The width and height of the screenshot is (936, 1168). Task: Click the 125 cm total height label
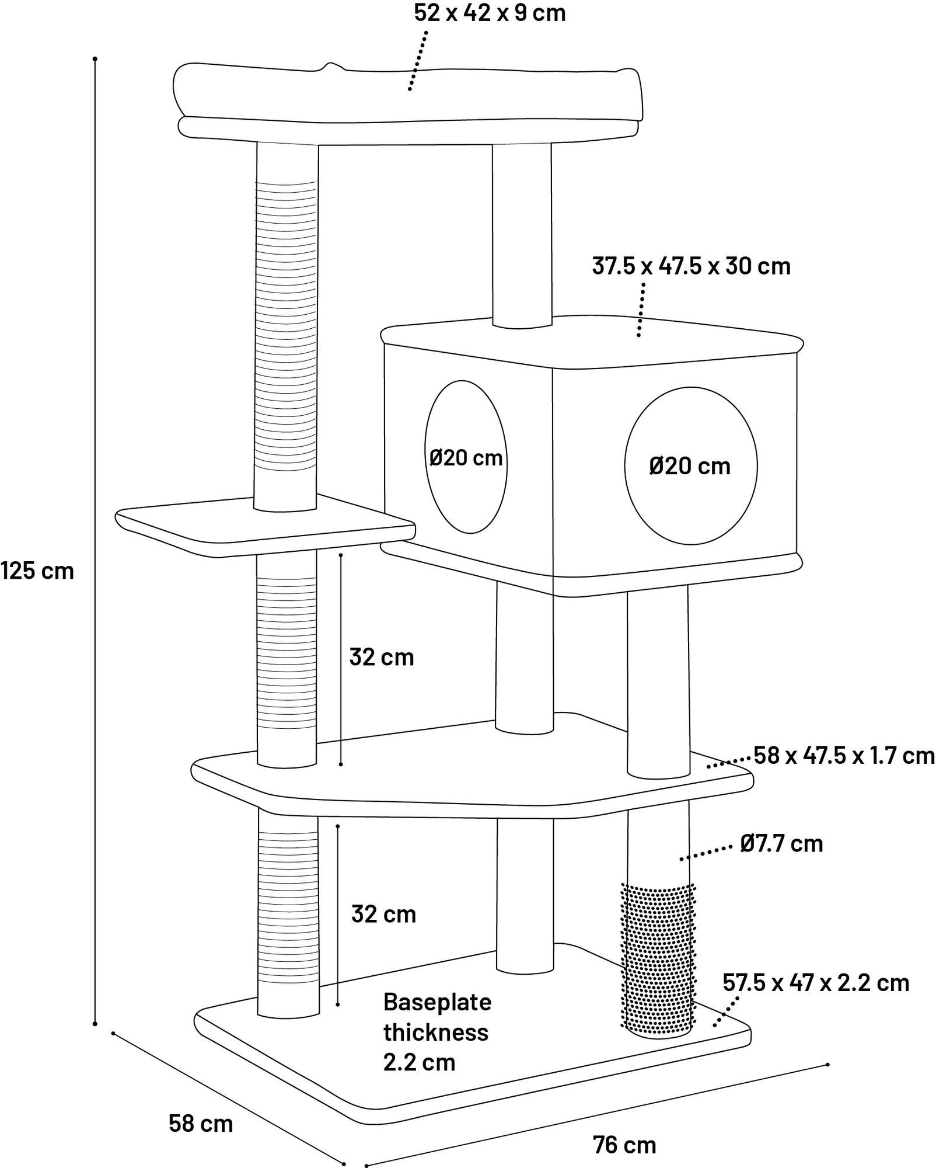click(37, 571)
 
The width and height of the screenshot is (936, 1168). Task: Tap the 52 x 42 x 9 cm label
click(490, 13)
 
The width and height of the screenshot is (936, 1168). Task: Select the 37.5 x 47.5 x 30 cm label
click(691, 266)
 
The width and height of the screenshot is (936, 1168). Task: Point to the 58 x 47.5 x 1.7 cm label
click(844, 756)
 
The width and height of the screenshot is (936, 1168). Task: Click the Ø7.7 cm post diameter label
click(781, 844)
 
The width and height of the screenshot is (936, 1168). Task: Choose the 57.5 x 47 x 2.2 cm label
click(816, 983)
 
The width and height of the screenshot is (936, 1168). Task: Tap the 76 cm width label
click(624, 1145)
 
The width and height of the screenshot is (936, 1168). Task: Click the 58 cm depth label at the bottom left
click(201, 1124)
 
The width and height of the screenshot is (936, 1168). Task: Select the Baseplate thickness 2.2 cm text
click(437, 1032)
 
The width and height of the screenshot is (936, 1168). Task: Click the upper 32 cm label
click(382, 657)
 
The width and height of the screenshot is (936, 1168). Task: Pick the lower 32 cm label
click(383, 914)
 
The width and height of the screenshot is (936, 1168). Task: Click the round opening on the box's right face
click(691, 465)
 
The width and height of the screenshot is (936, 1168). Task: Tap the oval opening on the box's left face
click(466, 457)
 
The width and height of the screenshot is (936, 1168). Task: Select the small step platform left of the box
click(266, 526)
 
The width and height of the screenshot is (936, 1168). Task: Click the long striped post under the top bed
click(287, 327)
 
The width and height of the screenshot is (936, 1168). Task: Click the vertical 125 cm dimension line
click(95, 541)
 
